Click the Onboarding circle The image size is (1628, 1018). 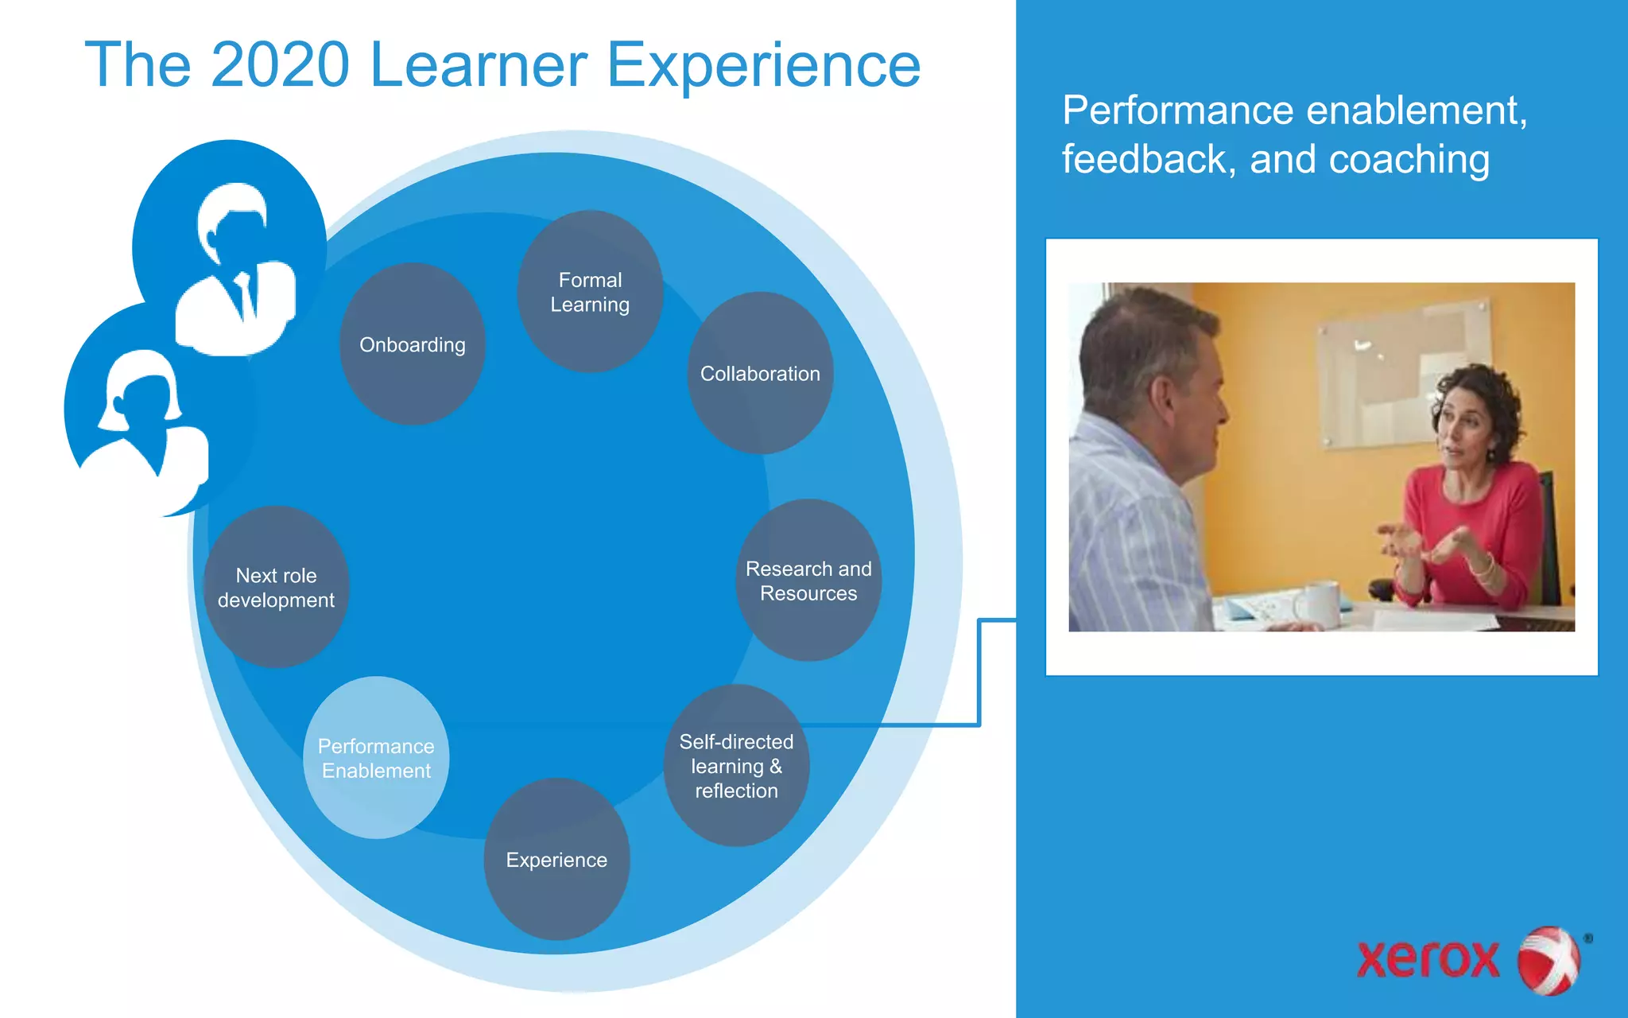point(412,344)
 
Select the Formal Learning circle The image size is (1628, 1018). point(590,292)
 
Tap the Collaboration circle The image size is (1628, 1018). point(760,373)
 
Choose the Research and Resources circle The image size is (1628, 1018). point(808,581)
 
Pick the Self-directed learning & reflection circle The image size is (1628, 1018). point(736,766)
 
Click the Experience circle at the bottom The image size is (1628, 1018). point(556,860)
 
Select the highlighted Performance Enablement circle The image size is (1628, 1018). point(376,758)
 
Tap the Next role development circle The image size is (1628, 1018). point(276,587)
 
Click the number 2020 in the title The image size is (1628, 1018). point(280,65)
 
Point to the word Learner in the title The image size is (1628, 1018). point(478,65)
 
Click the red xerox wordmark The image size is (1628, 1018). point(1428,959)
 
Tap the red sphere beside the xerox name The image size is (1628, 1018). point(1548,960)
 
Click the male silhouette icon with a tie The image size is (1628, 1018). point(235,270)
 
